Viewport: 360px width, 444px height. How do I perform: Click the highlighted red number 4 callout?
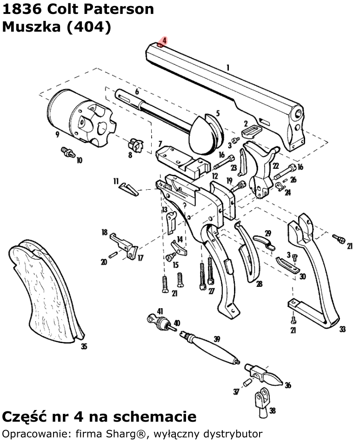pos(165,41)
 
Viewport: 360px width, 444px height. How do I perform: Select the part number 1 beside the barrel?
pos(228,68)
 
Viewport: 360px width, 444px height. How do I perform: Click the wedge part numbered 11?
pos(128,188)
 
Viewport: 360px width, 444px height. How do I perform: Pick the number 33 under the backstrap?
pos(342,329)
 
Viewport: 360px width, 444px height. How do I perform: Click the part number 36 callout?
pos(288,385)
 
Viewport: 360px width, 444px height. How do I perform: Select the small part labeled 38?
pos(261,399)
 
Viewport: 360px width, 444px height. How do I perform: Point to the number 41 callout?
pos(160,311)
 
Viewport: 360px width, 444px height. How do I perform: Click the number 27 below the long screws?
pos(212,291)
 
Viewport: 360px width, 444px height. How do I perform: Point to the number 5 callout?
pos(218,113)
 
